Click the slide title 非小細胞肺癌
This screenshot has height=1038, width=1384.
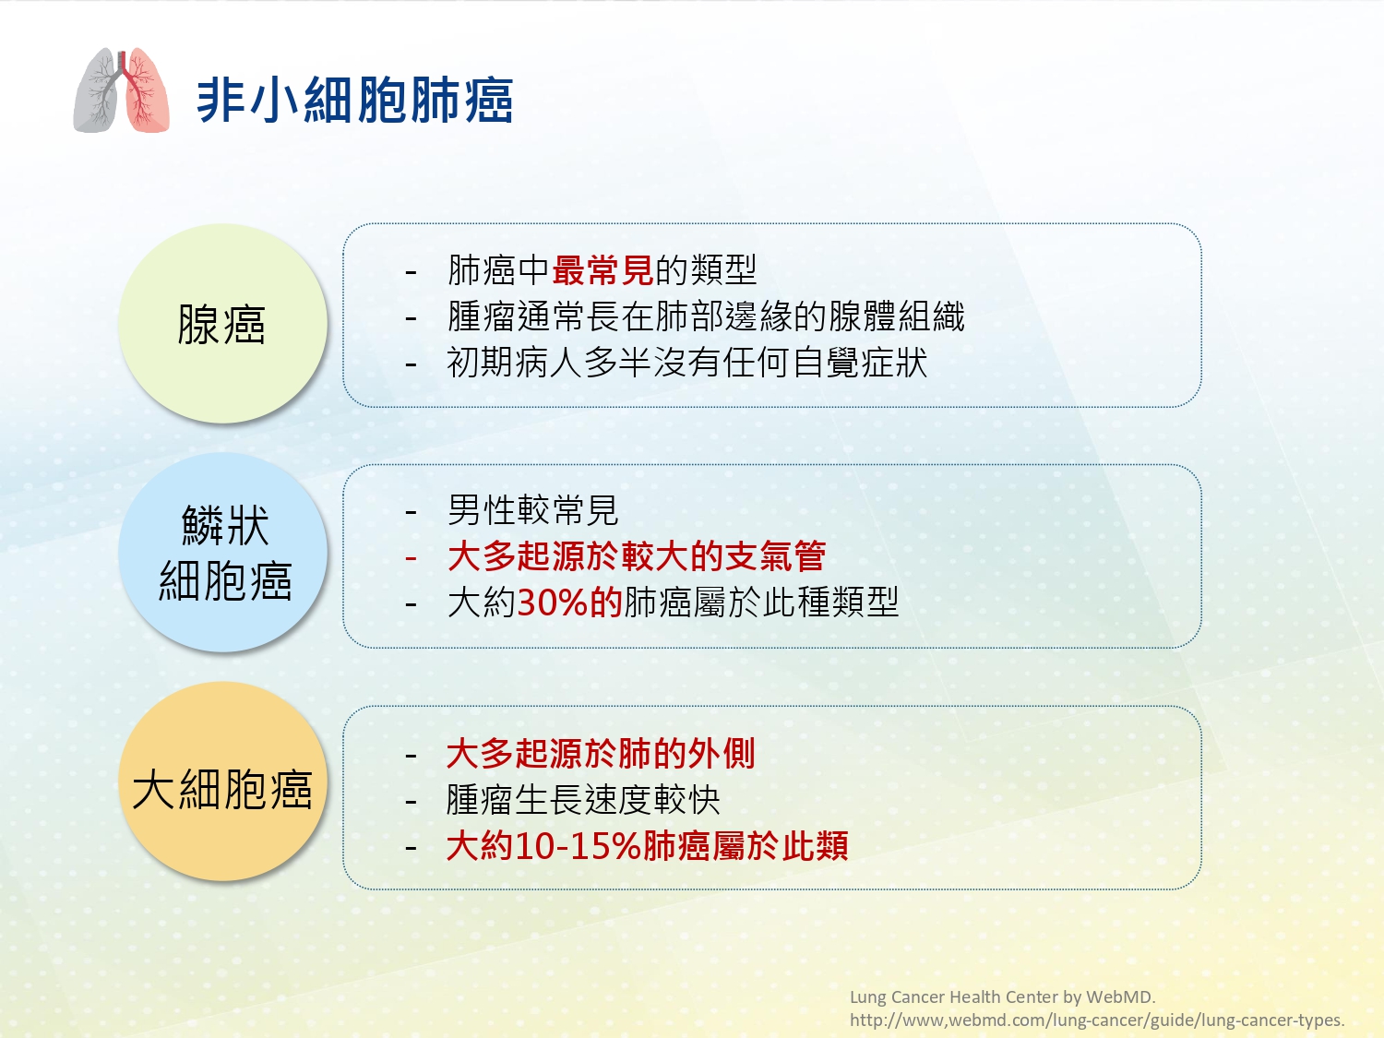[355, 101]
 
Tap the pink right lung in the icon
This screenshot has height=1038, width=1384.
[147, 91]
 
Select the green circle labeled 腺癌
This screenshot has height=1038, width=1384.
[222, 323]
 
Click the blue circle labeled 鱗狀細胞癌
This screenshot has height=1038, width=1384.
[222, 552]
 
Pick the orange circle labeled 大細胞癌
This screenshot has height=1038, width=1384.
[222, 781]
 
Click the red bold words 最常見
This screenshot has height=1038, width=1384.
[603, 269]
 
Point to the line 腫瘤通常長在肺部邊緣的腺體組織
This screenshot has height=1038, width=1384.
[706, 316]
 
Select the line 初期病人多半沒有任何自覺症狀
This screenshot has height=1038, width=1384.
[687, 363]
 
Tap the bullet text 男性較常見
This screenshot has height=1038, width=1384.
[532, 510]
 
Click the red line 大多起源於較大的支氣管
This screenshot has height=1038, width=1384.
[637, 555]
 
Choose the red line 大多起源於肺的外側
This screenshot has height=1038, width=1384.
[601, 753]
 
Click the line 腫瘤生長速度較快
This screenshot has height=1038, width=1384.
[583, 800]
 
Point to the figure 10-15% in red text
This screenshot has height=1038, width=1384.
[578, 846]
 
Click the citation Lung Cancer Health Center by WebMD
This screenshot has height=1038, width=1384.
[1003, 997]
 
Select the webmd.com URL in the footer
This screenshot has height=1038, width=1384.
[1097, 1020]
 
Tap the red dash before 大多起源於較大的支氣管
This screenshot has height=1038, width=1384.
[412, 558]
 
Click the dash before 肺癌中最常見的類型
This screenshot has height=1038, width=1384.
[412, 272]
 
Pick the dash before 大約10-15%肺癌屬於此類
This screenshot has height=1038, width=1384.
[412, 848]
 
